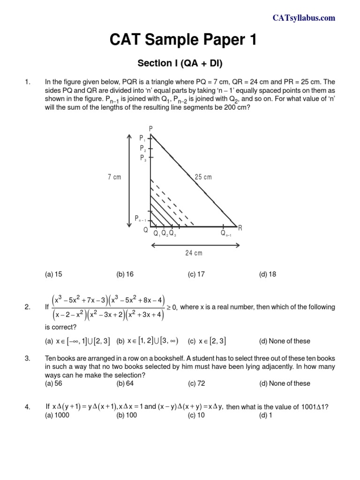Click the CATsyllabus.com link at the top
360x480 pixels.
(x=304, y=18)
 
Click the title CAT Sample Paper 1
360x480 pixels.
(x=183, y=41)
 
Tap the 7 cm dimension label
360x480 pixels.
(x=114, y=177)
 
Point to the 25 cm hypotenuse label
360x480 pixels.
(x=203, y=177)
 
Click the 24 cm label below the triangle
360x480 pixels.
(x=194, y=253)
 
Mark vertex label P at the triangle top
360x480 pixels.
(x=150, y=128)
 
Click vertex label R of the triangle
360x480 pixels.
(x=240, y=228)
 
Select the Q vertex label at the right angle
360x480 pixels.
(x=146, y=231)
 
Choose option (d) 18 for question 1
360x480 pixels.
(x=267, y=275)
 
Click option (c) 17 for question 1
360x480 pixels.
(x=196, y=275)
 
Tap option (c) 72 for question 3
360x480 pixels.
(x=196, y=383)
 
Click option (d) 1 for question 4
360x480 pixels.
(x=265, y=415)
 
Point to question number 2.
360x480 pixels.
(x=27, y=307)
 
